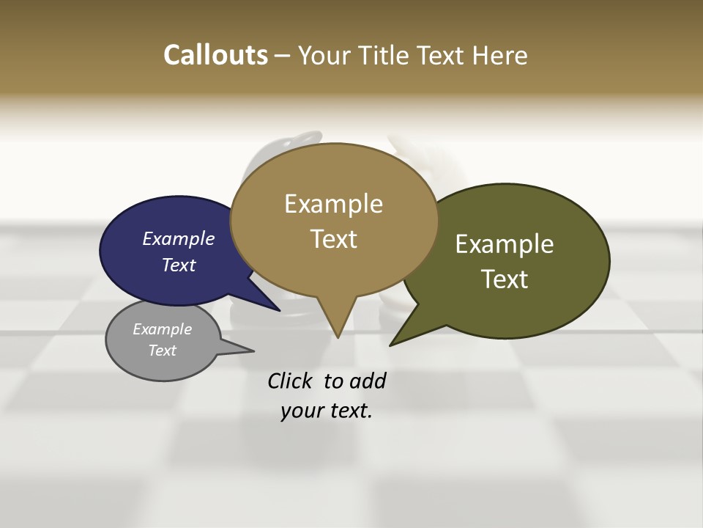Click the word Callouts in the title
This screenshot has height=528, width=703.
point(215,55)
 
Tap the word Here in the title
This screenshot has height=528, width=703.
point(501,55)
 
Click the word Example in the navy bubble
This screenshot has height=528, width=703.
point(179,238)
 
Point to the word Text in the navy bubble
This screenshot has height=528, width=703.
point(179,265)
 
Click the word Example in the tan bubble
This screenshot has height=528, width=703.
point(333,204)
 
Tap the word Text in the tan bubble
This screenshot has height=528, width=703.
point(333,239)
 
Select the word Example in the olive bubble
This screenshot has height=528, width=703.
point(505,244)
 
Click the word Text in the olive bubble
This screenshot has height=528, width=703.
point(505,279)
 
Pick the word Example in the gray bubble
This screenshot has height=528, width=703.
point(162,329)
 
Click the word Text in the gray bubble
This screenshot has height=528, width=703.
point(162,351)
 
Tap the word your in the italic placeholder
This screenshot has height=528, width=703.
point(300,411)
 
